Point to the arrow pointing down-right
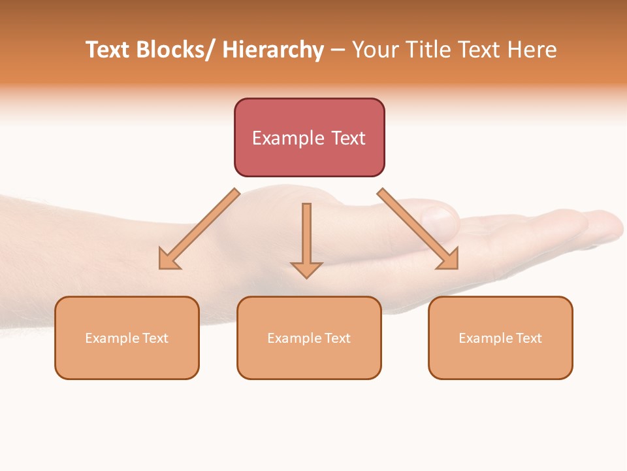pos(418,229)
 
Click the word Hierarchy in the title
pos(273,50)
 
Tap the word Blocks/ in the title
pos(173,50)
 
